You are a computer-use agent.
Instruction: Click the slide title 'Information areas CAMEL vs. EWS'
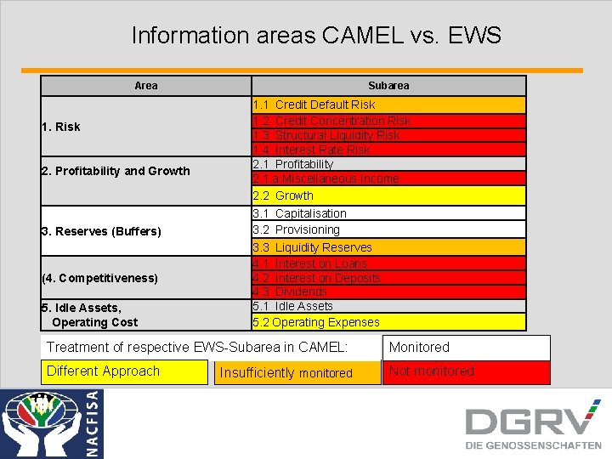316,36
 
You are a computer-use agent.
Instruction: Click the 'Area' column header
146,86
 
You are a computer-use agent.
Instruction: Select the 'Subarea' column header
388,86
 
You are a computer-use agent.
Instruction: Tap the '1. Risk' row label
61,127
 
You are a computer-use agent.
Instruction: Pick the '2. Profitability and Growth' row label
116,171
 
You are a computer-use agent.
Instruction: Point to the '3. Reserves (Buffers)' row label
101,231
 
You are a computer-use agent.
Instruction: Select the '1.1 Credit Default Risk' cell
388,105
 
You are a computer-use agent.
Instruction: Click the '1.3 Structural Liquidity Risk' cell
388,135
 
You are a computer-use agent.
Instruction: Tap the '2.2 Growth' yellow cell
388,195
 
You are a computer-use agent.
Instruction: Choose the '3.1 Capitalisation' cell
388,213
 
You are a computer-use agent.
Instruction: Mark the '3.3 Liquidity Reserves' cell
388,247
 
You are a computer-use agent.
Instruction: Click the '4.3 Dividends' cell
388,292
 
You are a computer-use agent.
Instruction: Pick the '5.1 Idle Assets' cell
388,306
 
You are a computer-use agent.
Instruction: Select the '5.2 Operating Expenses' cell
388,322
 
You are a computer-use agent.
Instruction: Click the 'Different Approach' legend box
124,371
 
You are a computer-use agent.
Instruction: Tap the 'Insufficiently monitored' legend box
297,372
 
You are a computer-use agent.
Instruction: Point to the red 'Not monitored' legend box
466,371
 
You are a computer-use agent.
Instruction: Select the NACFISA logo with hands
51,423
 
